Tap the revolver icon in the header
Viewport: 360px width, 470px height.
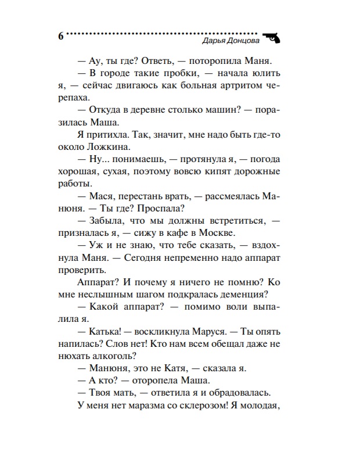pos(271,37)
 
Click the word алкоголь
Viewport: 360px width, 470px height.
pos(113,358)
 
